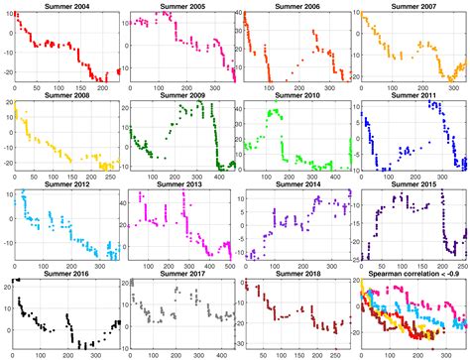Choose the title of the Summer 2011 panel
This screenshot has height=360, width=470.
pos(412,96)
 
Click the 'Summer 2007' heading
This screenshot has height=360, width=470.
pos(412,6)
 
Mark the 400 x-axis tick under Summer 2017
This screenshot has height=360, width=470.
pos(219,356)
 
